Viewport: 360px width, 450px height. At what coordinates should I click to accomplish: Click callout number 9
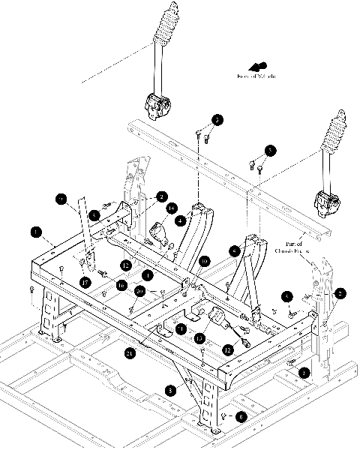(62, 199)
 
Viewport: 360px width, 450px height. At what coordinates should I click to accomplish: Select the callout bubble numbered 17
(87, 282)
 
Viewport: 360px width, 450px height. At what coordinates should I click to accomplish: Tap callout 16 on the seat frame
(120, 285)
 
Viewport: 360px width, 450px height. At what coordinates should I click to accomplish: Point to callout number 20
(140, 290)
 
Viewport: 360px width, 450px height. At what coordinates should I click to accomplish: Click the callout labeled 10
(204, 262)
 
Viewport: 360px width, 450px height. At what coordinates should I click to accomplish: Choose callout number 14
(172, 208)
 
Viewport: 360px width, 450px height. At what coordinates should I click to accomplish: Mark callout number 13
(199, 339)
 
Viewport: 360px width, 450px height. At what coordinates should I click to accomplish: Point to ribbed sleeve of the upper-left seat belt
(165, 30)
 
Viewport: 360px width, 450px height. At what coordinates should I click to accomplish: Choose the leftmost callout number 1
(35, 232)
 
